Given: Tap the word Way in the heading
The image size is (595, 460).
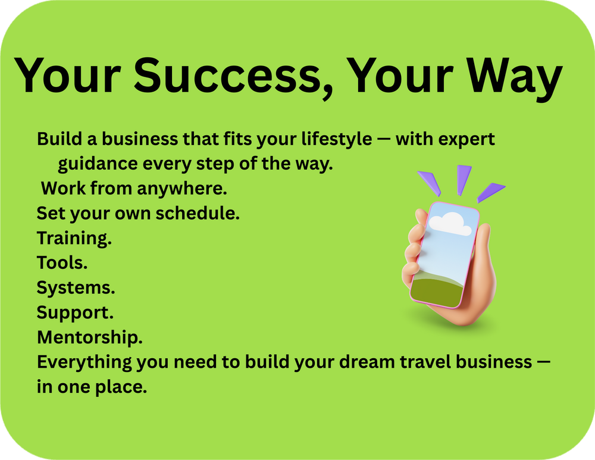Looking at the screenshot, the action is (x=514, y=79).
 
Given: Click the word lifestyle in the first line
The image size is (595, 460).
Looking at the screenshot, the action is (x=337, y=139).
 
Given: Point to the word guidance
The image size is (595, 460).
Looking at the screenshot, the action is (x=98, y=164).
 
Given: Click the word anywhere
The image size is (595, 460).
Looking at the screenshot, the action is (x=181, y=189).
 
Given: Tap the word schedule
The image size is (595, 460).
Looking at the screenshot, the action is (x=198, y=213).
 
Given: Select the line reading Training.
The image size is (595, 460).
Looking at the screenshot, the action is (x=74, y=239).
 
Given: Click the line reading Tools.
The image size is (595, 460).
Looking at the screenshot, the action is (x=62, y=262).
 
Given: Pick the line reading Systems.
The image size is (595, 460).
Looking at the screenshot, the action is (x=76, y=288).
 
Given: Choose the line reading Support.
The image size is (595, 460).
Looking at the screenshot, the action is (x=75, y=313).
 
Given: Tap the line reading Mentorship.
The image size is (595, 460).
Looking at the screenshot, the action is (x=90, y=337).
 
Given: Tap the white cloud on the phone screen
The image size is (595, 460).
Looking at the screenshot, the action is (x=450, y=224).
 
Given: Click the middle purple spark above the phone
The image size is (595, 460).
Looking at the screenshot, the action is (x=464, y=179).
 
